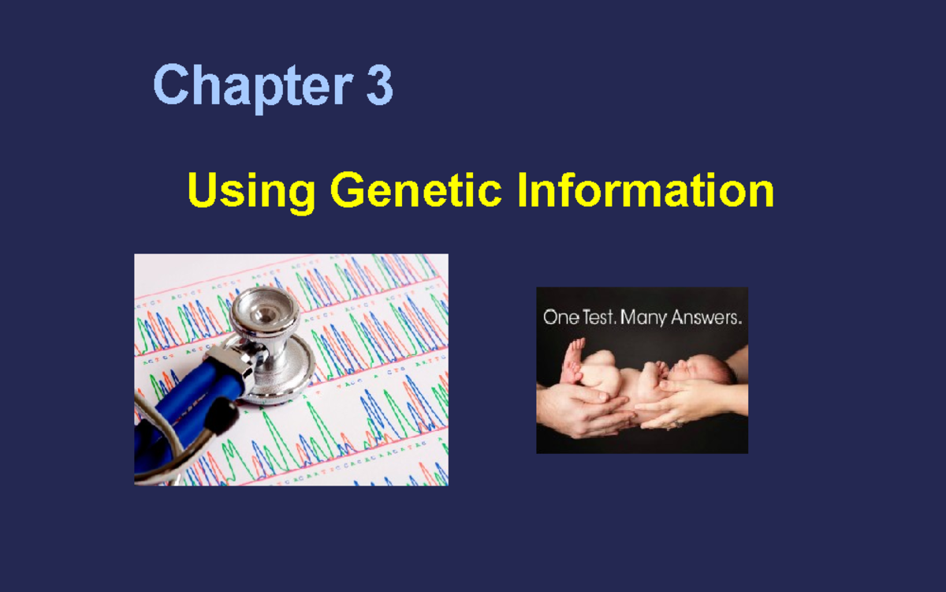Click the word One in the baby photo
561,318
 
